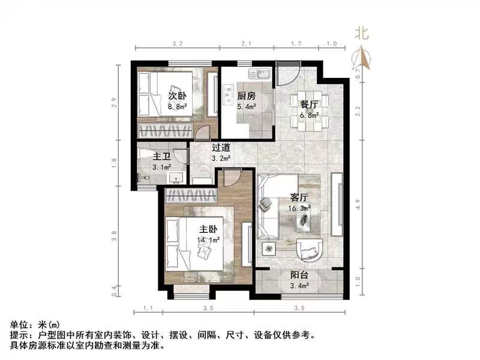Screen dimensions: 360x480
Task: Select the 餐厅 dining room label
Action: point(309,103)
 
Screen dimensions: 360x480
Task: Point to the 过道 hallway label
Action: point(221,148)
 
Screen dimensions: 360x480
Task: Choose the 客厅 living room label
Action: point(299,197)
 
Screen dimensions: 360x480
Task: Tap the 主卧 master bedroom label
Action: point(209,229)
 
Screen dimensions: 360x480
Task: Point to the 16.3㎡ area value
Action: point(299,208)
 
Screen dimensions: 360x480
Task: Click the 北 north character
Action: point(361,34)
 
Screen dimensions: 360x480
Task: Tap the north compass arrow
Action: point(362,57)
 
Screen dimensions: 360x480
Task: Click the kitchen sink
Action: point(262,75)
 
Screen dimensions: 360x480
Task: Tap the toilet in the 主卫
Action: point(142,176)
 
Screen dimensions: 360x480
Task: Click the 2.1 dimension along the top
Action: point(246,44)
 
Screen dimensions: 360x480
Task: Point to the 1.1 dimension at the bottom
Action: point(148,308)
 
